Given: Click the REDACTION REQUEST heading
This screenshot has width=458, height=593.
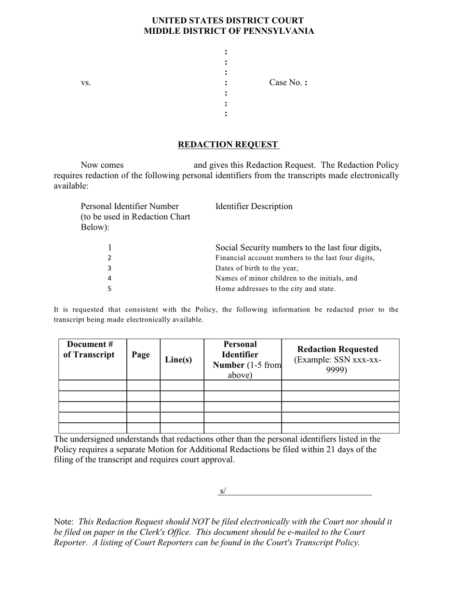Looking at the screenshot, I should [228, 145].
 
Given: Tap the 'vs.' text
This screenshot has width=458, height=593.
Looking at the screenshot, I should [86, 83].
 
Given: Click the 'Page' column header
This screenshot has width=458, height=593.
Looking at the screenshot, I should [141, 355].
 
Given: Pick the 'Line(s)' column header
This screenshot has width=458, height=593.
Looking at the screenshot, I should [178, 360].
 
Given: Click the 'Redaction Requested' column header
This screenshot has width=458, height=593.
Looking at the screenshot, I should [337, 350].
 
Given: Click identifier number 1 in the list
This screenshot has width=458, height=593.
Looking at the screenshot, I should [109, 248].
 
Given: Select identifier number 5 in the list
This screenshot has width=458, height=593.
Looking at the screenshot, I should [109, 289].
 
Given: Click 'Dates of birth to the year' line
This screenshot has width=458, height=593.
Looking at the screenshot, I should [257, 268].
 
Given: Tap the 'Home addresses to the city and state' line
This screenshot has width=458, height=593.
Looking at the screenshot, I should [275, 289].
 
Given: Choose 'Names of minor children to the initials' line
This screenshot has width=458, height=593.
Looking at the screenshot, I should [286, 278].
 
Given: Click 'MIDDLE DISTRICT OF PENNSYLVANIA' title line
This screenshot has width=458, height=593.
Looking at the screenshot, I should [229, 31].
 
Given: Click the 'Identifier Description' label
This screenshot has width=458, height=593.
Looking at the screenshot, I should [254, 206].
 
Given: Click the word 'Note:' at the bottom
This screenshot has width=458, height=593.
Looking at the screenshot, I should [64, 522].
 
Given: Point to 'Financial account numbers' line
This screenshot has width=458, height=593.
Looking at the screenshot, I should [295, 258].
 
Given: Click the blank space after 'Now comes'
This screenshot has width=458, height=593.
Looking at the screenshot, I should [158, 165].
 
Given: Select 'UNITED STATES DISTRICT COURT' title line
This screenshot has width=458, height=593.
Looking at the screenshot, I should [228, 21].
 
